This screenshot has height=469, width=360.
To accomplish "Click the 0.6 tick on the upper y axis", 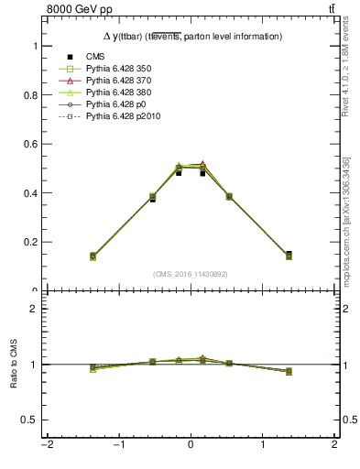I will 28,144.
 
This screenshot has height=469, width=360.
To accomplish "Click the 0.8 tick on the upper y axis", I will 28,95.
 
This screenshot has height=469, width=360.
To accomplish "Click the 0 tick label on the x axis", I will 191,446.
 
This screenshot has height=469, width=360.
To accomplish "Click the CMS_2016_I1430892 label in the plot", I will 191,274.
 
